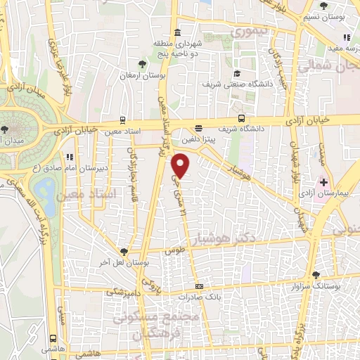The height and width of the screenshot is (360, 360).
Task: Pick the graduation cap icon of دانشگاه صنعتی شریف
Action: [x=237, y=74]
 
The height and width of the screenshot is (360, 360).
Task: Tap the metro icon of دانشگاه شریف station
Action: [x=241, y=119]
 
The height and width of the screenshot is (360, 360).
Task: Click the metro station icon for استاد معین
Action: [x=124, y=120]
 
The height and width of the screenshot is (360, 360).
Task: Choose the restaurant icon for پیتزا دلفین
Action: [x=199, y=129]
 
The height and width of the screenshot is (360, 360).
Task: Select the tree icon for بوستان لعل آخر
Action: [x=124, y=250]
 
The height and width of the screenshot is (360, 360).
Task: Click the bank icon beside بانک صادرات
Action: [x=199, y=286]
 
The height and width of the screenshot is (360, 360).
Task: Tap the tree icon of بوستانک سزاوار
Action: [x=315, y=275]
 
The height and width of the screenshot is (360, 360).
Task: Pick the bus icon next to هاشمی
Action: [x=53, y=338]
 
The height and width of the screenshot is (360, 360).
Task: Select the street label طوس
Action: [x=174, y=250]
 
